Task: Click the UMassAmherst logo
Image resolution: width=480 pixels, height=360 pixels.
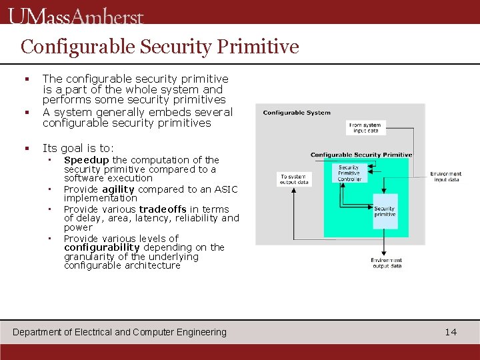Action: (76, 15)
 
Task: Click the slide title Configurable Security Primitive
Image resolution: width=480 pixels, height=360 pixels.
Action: (159, 46)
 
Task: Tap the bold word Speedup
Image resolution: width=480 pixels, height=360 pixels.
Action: (86, 160)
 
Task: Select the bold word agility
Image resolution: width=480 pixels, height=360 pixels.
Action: (118, 189)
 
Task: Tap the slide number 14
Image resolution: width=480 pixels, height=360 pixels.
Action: (451, 332)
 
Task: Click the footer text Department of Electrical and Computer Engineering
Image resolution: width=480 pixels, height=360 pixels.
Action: (120, 332)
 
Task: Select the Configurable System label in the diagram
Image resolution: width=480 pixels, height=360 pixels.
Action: (297, 113)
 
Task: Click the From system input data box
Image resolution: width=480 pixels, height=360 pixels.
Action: (365, 127)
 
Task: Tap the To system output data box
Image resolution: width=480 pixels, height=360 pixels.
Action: (294, 179)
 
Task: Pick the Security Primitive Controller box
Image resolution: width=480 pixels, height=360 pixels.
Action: (349, 173)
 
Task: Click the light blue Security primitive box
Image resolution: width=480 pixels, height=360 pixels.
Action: (384, 212)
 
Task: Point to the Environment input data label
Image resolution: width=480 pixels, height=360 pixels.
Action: (445, 177)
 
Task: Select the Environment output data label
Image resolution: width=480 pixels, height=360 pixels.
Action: (386, 263)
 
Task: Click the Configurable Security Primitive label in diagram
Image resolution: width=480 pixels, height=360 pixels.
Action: (361, 155)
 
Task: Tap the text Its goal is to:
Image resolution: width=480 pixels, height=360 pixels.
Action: (78, 148)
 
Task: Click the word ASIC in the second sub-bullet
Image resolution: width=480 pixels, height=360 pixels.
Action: (224, 189)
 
